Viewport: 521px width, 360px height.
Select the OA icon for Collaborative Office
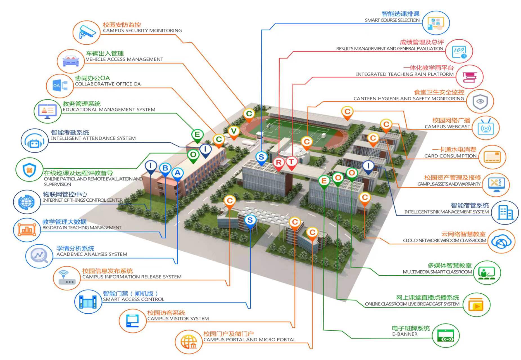(60, 85)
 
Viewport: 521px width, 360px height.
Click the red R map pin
(279, 163)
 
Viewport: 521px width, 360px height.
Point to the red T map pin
(291, 162)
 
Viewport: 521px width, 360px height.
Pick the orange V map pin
(233, 131)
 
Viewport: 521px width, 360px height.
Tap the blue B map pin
(165, 168)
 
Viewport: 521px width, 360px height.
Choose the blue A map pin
(177, 173)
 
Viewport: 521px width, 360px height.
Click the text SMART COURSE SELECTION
(392, 20)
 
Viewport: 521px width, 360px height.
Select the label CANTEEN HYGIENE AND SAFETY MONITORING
(408, 99)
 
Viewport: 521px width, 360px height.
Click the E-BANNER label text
(405, 334)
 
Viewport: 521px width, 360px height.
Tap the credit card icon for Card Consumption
(492, 157)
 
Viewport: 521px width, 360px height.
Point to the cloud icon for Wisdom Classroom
(501, 242)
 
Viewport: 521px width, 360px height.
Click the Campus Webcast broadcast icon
(486, 128)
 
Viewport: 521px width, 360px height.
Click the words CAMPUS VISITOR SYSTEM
(178, 319)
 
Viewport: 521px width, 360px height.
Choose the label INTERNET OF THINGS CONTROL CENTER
(83, 200)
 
